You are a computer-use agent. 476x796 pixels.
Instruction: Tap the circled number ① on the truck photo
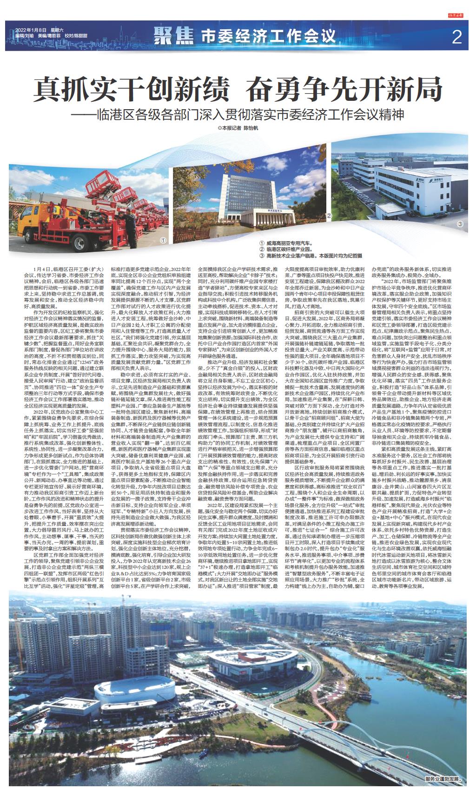tap(163, 240)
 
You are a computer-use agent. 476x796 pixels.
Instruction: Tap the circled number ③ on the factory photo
tap(461, 224)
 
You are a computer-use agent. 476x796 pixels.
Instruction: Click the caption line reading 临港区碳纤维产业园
tap(289, 250)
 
